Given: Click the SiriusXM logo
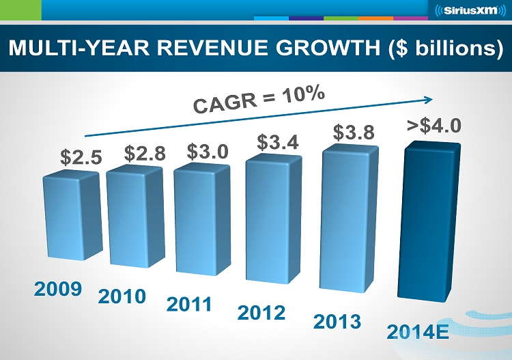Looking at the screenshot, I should [x=470, y=11].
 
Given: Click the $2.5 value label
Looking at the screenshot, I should [x=81, y=158].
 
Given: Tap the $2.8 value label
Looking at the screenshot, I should [x=145, y=154].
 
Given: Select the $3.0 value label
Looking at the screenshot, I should [x=208, y=151].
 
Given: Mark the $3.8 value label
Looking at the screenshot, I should [x=354, y=133].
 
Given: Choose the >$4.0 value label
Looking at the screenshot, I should [x=434, y=126].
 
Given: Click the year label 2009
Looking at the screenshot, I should [x=58, y=288].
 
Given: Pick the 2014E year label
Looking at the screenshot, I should [x=417, y=333].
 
